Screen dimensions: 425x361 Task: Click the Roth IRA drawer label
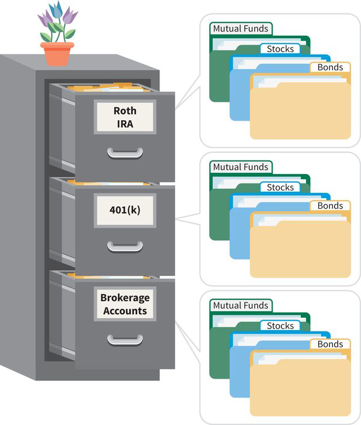tap(125, 117)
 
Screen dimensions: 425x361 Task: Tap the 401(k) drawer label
tap(125, 210)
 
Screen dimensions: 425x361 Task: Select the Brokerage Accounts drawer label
tap(125, 304)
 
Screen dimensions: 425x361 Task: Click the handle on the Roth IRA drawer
tap(125, 152)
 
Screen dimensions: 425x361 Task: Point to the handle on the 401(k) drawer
tap(125, 246)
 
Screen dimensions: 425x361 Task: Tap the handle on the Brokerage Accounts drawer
tap(125, 339)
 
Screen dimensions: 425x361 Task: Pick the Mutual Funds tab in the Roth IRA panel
tap(241, 29)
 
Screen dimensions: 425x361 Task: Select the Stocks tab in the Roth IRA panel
tap(280, 49)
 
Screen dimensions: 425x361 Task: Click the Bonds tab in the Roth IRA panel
tap(330, 67)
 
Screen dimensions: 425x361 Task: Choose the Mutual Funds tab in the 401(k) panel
tap(241, 167)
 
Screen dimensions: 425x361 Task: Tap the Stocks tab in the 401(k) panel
tap(280, 188)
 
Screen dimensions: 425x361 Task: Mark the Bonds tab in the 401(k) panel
tap(330, 206)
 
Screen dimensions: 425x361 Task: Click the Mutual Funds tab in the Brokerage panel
tap(241, 305)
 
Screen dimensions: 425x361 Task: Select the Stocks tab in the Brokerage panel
tap(280, 326)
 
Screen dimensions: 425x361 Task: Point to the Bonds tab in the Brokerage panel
tap(330, 344)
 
